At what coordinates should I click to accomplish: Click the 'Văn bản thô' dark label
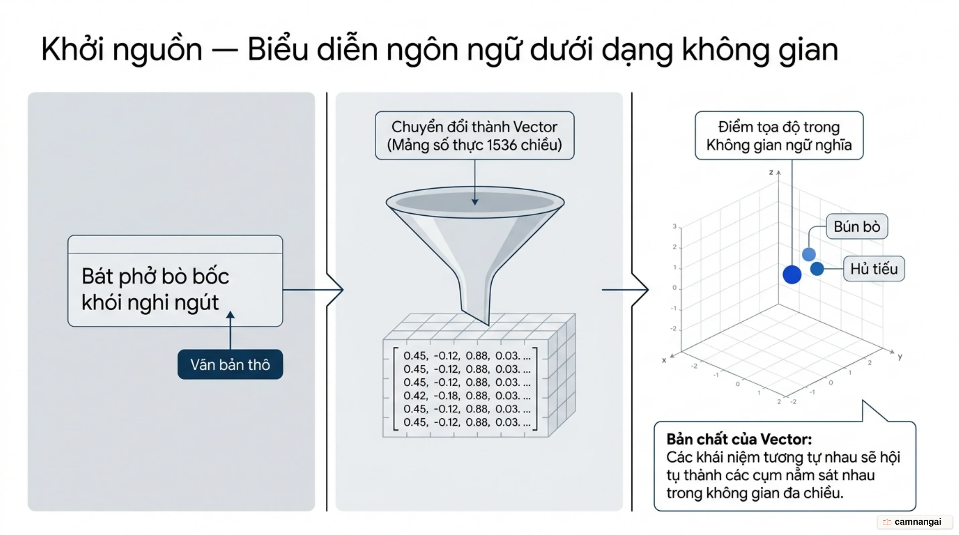point(230,364)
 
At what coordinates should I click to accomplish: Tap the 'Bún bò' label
point(857,226)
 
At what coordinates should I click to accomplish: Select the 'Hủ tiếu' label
point(874,269)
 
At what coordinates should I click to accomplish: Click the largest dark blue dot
point(792,275)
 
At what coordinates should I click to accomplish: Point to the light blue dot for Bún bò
point(808,254)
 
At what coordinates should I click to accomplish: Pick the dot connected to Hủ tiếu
point(817,269)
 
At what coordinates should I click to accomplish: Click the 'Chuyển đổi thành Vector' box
point(475,135)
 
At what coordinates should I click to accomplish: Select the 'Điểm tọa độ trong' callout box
point(779,135)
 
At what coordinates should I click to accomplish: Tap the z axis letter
point(771,172)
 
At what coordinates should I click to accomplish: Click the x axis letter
point(664,360)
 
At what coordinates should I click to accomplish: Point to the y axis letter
point(900,356)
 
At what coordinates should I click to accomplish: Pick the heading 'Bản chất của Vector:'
point(739,439)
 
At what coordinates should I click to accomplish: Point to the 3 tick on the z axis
point(674,226)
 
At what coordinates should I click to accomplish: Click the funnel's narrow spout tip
point(488,324)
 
